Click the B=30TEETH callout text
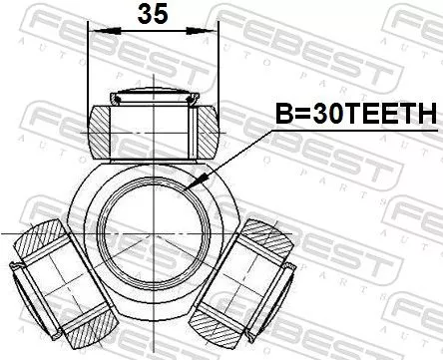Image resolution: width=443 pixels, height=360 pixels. click(x=355, y=116)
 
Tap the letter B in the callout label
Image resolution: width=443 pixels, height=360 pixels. click(x=281, y=116)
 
